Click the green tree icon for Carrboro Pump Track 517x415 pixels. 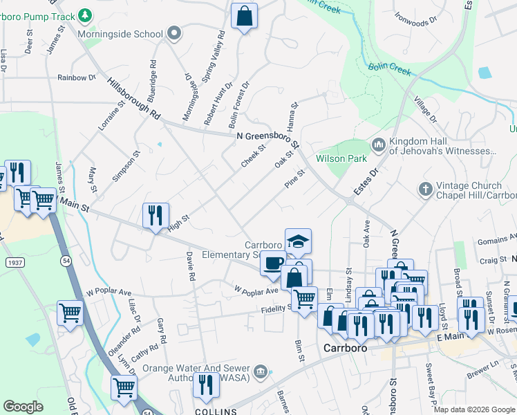(84, 15)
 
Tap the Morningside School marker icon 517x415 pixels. (174, 34)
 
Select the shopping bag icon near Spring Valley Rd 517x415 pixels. (244, 17)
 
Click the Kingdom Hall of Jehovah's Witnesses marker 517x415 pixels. (378, 145)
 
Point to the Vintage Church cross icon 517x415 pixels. (425, 188)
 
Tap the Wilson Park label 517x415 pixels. (341, 158)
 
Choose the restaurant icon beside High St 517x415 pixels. (156, 214)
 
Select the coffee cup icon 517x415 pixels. (273, 264)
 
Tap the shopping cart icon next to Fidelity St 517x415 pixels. (303, 299)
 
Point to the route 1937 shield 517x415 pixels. (15, 263)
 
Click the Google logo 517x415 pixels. (23, 407)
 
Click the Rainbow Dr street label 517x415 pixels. (77, 78)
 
